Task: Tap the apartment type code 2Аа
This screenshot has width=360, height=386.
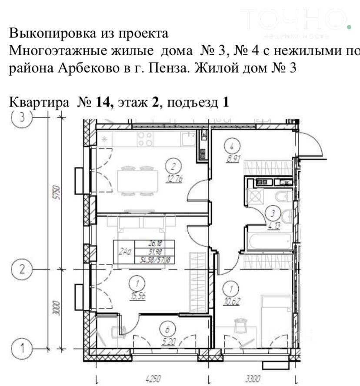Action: pos(125,252)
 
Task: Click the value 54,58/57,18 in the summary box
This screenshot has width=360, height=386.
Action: pos(154,259)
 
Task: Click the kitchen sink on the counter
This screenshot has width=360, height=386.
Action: pos(188,139)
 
